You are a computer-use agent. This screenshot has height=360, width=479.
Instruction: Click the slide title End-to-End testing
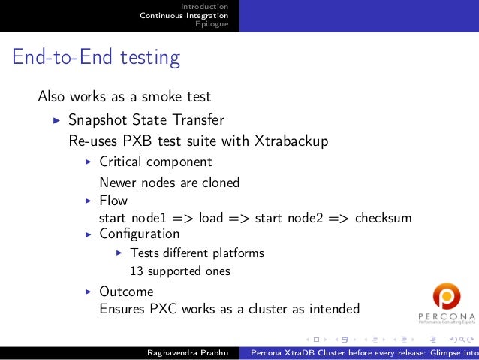[95, 58]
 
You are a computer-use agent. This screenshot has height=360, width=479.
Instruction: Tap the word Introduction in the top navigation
[204, 6]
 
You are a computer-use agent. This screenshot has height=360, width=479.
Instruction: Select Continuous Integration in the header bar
[184, 15]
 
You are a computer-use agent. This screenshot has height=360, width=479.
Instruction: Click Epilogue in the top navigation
[211, 24]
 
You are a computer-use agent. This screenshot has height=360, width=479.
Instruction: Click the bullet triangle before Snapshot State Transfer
[56, 120]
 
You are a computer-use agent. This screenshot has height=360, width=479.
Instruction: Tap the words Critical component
[155, 162]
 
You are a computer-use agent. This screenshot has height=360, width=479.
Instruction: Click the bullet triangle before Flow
[88, 201]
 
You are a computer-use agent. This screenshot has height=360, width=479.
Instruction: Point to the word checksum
[383, 219]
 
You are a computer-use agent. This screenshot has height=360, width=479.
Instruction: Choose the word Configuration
[139, 234]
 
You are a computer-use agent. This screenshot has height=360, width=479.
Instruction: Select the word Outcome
[126, 292]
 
